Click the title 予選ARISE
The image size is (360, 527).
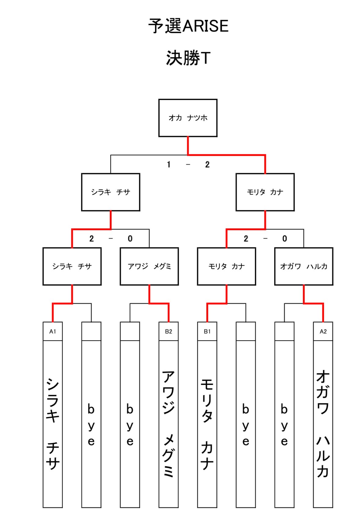(x=188, y=26)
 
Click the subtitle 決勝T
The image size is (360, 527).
(x=188, y=58)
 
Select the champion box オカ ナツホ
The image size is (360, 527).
(x=188, y=118)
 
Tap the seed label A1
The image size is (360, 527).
(x=53, y=331)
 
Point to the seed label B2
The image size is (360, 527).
(x=168, y=331)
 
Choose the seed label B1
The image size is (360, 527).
(x=207, y=331)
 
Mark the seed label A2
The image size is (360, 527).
(x=323, y=331)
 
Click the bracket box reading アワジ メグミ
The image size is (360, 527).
(x=149, y=266)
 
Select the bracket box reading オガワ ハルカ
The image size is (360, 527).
(x=303, y=266)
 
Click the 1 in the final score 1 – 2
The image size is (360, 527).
(x=168, y=164)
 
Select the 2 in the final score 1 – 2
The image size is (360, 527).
(x=207, y=164)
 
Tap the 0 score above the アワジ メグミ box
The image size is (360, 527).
(x=130, y=238)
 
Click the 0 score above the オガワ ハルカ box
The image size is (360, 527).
(x=285, y=238)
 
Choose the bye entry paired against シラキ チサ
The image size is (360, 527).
(x=91, y=425)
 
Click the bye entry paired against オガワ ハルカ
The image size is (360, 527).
(x=284, y=425)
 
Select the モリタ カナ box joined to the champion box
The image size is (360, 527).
(x=265, y=192)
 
